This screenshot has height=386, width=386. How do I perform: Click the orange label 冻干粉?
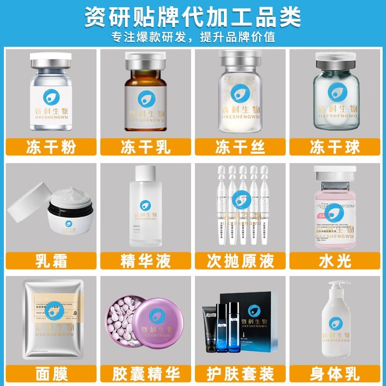pyautogui.click(x=51, y=147)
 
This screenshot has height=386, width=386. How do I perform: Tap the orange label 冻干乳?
pyautogui.click(x=146, y=147)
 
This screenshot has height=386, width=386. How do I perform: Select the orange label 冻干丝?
pyautogui.click(x=240, y=147)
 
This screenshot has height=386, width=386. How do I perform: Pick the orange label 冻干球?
pyautogui.click(x=335, y=147)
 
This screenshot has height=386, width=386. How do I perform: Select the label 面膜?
pyautogui.click(x=51, y=373)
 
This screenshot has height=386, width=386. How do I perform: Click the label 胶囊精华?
pyautogui.click(x=146, y=373)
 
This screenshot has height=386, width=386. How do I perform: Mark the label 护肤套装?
pyautogui.click(x=240, y=373)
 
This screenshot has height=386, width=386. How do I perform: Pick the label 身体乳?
pyautogui.click(x=335, y=373)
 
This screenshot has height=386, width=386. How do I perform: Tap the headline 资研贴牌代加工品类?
pyautogui.click(x=193, y=16)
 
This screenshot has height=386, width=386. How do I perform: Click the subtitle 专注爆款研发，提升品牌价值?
pyautogui.click(x=193, y=37)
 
